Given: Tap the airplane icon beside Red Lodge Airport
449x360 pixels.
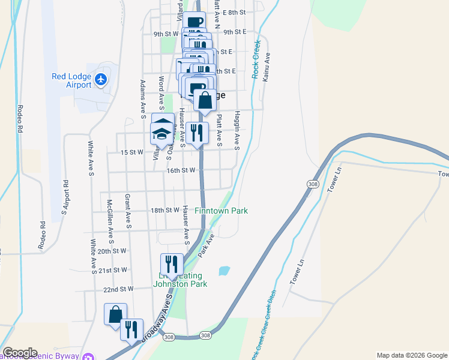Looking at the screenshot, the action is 101,79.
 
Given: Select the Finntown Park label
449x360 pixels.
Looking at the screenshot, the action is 221,211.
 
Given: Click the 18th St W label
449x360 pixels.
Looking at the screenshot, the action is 165,210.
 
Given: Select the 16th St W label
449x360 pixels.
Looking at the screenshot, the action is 181,170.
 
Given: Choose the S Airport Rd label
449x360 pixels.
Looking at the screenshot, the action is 65,197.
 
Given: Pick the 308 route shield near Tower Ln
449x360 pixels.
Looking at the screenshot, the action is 312,184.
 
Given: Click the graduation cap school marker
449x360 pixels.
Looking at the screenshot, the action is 162,130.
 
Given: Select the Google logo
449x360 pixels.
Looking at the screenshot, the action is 19,353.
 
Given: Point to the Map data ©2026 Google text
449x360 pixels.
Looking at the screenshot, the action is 411,355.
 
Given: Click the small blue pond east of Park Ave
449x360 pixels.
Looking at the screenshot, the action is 224,271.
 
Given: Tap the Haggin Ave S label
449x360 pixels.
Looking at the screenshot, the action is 237,130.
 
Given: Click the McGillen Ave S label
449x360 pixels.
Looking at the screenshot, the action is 110,215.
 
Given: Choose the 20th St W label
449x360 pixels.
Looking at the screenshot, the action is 112,251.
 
